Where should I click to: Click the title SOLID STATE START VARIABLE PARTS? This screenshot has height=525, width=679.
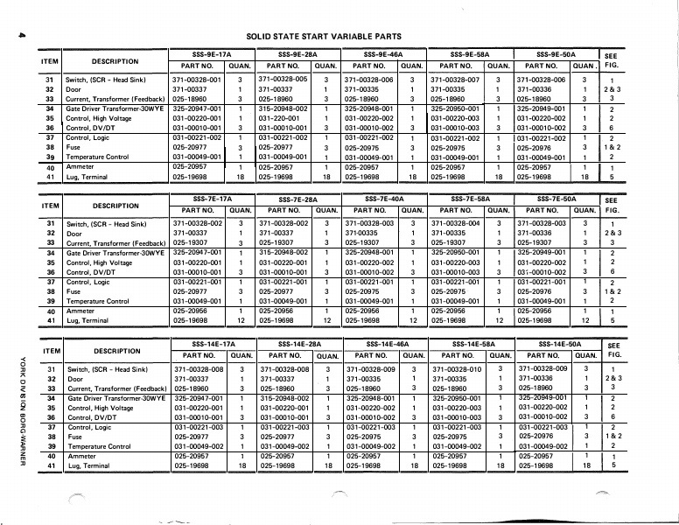point(324,36)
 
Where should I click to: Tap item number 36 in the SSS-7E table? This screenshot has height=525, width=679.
point(50,272)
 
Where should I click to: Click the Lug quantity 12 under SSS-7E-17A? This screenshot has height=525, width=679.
point(240,321)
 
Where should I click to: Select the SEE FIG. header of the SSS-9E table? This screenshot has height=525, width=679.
point(612,59)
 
